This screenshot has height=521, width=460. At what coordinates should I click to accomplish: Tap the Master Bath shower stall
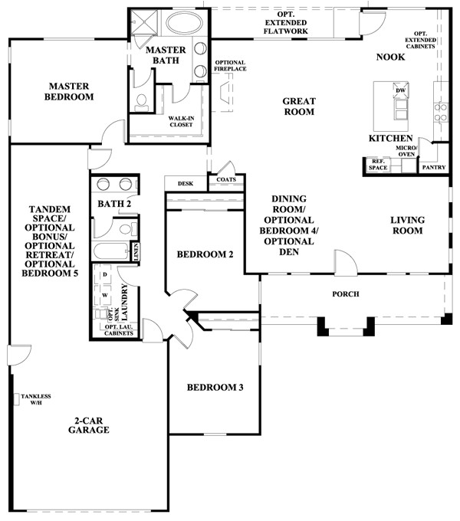click(144, 21)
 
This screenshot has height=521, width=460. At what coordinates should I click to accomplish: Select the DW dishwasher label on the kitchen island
click(400, 90)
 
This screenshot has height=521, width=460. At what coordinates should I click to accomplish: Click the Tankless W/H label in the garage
click(36, 399)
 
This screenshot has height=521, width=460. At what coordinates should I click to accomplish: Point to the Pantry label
click(434, 168)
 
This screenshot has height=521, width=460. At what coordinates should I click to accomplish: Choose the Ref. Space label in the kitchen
click(378, 165)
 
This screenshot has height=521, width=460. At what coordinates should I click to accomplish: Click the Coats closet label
click(226, 179)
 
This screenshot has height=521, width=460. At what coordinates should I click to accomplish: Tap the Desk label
click(186, 183)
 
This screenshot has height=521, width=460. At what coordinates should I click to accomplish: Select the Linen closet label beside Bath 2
click(136, 252)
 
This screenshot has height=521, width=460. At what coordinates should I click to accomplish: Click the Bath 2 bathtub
click(111, 251)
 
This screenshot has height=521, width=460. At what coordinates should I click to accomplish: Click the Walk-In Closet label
click(181, 122)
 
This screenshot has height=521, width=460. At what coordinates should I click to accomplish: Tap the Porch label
click(346, 294)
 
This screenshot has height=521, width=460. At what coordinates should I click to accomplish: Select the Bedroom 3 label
click(215, 388)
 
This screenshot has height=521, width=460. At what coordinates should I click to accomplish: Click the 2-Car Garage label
click(89, 425)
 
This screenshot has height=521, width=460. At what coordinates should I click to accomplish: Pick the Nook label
click(390, 57)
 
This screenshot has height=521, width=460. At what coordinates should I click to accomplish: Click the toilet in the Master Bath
click(142, 103)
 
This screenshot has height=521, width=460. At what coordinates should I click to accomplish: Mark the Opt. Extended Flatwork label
click(286, 23)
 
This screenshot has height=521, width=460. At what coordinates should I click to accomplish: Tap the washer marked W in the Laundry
click(104, 295)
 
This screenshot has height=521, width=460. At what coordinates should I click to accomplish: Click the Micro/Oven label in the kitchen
click(406, 151)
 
